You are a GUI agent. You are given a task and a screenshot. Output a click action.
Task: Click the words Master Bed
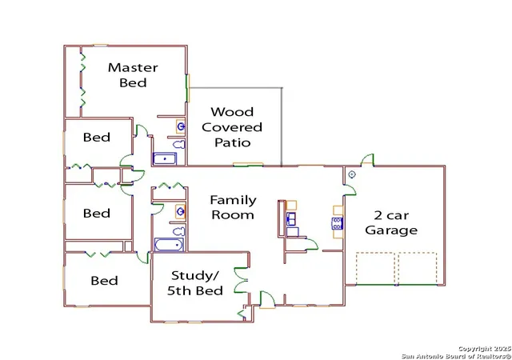(133, 75)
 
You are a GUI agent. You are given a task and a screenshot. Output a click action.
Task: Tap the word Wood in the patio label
(232, 112)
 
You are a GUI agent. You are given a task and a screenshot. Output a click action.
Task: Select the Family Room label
(233, 207)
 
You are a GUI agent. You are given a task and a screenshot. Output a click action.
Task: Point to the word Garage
(391, 230)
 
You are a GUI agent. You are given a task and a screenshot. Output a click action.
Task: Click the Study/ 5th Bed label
(195, 283)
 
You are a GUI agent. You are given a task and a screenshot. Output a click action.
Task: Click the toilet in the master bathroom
(179, 144)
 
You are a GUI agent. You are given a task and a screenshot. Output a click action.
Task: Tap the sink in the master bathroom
(181, 126)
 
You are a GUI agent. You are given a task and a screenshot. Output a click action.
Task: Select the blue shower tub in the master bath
(165, 158)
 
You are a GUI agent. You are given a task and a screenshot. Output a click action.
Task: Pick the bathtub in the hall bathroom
(169, 244)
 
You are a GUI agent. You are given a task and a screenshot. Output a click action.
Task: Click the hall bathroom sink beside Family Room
(180, 211)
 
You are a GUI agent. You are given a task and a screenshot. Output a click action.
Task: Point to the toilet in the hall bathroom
(178, 232)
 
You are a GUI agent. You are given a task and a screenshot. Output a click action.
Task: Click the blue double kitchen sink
(291, 218)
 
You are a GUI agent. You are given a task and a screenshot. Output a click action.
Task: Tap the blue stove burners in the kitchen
(338, 223)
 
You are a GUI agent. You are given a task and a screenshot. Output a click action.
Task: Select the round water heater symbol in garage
(352, 174)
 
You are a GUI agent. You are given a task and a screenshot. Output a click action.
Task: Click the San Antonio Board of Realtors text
(456, 356)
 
